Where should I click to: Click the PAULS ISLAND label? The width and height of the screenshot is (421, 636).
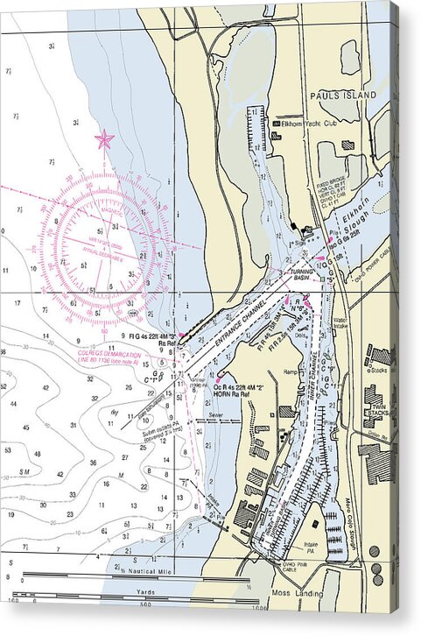342,95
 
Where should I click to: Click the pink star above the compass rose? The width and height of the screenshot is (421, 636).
105,138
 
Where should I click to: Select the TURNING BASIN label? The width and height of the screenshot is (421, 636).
301,275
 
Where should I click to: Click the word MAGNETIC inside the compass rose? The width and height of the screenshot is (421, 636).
104,209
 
